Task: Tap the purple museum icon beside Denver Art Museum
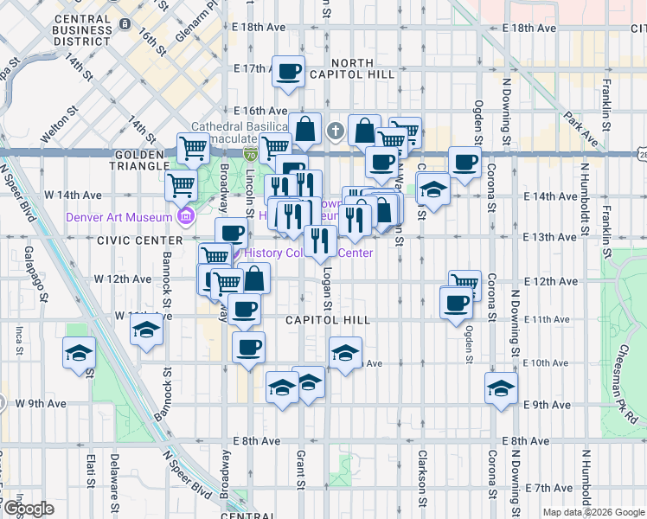[x=184, y=216]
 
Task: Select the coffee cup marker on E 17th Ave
[x=289, y=71]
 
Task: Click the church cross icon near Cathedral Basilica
[x=336, y=132]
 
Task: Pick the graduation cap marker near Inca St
[x=79, y=354]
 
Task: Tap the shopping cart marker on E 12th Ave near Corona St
[x=464, y=283]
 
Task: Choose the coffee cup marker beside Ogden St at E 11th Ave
[x=457, y=304]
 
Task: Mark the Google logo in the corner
[x=29, y=509]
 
